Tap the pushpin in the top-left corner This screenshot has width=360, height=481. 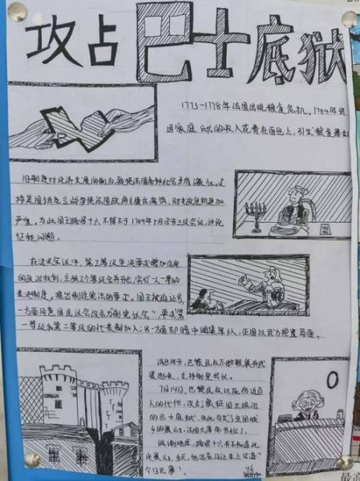point(16,11)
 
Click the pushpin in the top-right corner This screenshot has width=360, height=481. point(350,18)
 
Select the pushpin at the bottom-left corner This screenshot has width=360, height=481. point(32,459)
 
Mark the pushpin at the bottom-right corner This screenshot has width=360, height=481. point(345,463)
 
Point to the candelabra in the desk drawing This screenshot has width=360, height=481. point(259,213)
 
